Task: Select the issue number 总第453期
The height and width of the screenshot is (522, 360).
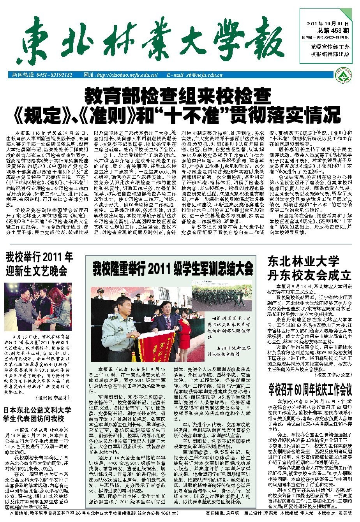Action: (x=333, y=30)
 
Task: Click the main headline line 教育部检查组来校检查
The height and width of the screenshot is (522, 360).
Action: (x=178, y=95)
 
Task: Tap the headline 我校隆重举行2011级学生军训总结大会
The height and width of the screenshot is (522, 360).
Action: (x=173, y=269)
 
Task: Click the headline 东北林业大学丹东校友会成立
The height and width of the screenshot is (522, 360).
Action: (x=309, y=268)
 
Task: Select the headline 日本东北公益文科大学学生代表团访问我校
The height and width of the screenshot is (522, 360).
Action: (x=38, y=414)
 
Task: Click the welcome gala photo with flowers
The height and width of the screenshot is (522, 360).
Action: (x=38, y=307)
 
